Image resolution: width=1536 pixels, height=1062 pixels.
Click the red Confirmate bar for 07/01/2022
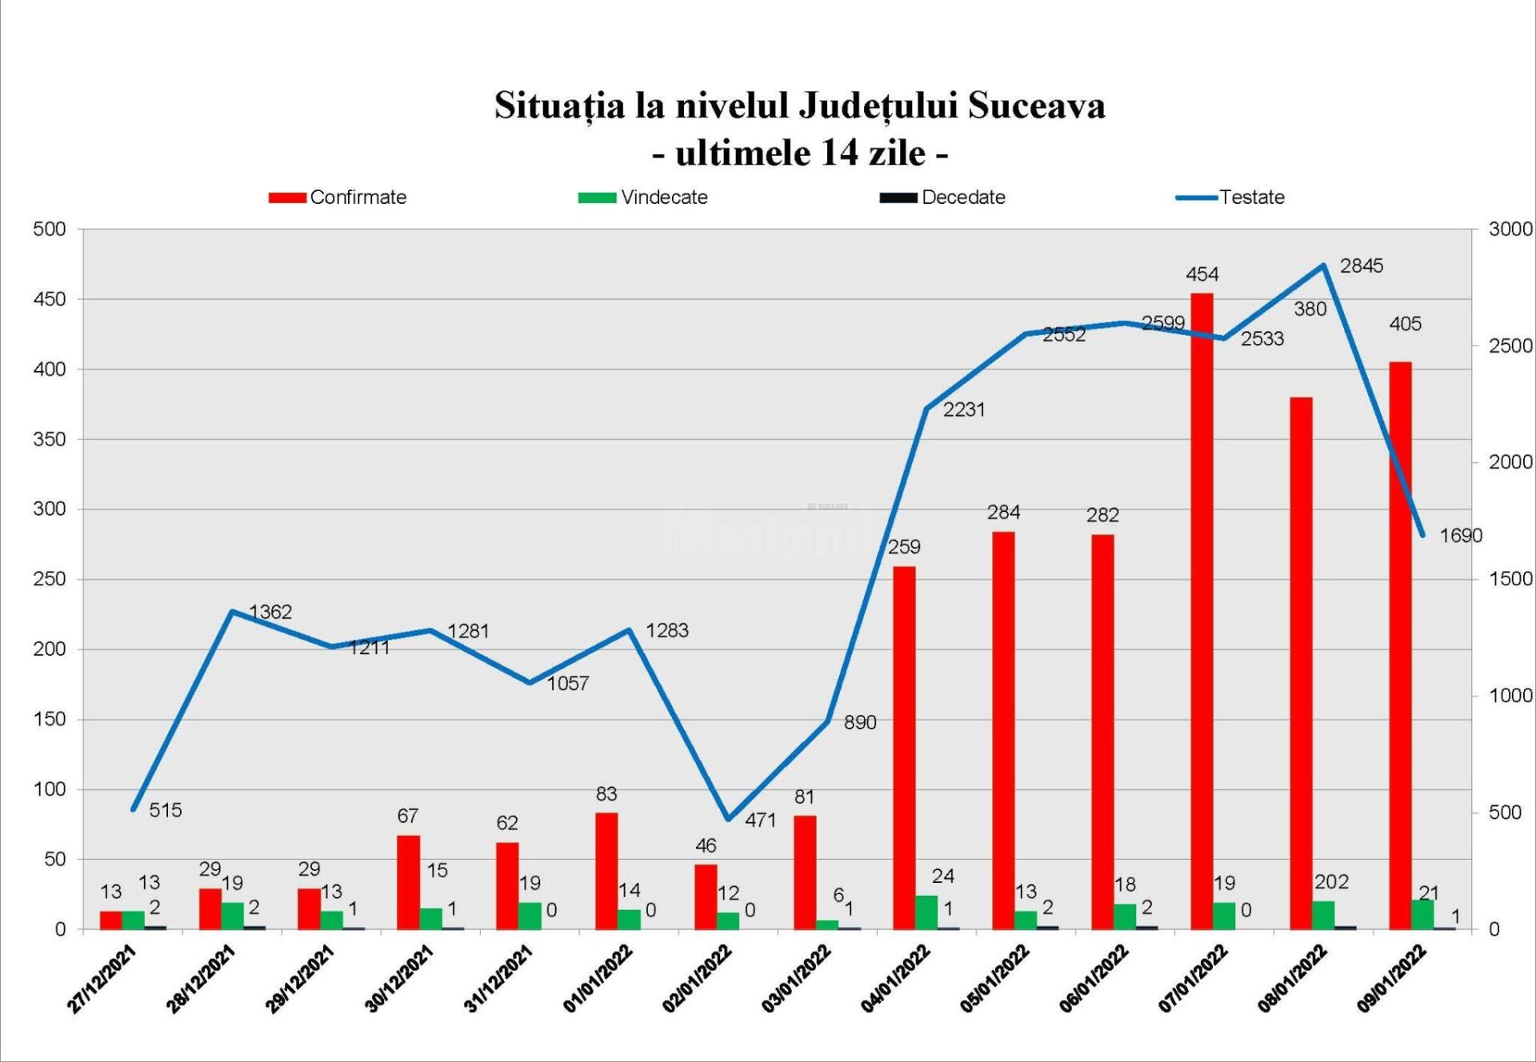pyautogui.click(x=1202, y=611)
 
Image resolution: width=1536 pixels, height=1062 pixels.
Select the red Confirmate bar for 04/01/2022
pyautogui.click(x=904, y=748)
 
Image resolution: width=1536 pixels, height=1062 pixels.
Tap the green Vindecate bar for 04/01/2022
pyautogui.click(x=926, y=912)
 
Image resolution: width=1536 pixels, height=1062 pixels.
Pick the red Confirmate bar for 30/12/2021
pyautogui.click(x=408, y=882)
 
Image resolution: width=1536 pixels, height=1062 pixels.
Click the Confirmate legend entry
pyautogui.click(x=338, y=198)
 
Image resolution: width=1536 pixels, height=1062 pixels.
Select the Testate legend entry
pyautogui.click(x=1231, y=198)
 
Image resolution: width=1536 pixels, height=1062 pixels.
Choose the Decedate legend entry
pyautogui.click(x=943, y=198)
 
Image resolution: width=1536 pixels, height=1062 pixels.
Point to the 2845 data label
pyautogui.click(x=1361, y=265)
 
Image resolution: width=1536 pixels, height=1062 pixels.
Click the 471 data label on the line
pyautogui.click(x=760, y=820)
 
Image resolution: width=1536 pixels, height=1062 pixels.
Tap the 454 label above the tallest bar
pyautogui.click(x=1202, y=274)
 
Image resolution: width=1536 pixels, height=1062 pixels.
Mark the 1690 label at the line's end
pyautogui.click(x=1460, y=536)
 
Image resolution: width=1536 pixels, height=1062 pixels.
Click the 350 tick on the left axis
pyautogui.click(x=49, y=439)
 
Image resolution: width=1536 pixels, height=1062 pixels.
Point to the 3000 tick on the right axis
pyautogui.click(x=1510, y=230)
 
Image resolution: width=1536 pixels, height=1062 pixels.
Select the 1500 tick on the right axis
pyautogui.click(x=1510, y=579)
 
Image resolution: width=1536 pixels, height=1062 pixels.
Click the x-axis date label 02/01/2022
pyautogui.click(x=697, y=979)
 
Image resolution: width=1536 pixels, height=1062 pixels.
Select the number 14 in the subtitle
pyautogui.click(x=838, y=153)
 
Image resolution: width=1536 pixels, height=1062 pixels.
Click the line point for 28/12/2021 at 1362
pyautogui.click(x=232, y=612)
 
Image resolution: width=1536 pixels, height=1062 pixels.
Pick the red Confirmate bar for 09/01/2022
pyautogui.click(x=1400, y=645)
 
